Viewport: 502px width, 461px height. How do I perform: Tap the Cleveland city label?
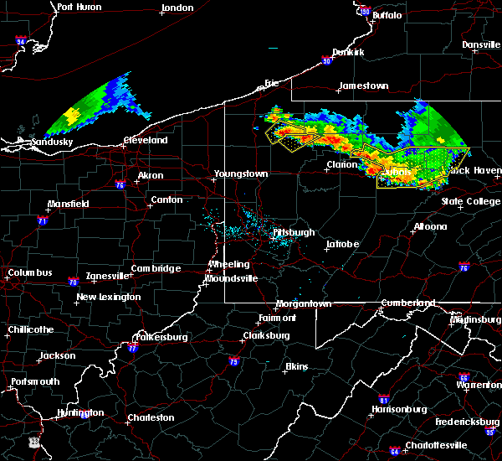tap(146, 141)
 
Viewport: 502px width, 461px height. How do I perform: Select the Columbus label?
tap(29, 273)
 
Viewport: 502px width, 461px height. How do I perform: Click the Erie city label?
tap(270, 83)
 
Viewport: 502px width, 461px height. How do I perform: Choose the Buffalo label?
tap(386, 15)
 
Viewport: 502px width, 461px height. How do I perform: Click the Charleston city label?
tap(151, 417)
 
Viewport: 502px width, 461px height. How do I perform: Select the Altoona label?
tap(429, 226)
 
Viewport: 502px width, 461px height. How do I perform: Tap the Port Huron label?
tap(79, 7)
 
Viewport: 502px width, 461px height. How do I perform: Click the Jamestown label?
tap(363, 86)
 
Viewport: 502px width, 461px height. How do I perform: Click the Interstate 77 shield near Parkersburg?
tap(132, 348)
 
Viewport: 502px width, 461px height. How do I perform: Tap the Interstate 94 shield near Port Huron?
tap(21, 40)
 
